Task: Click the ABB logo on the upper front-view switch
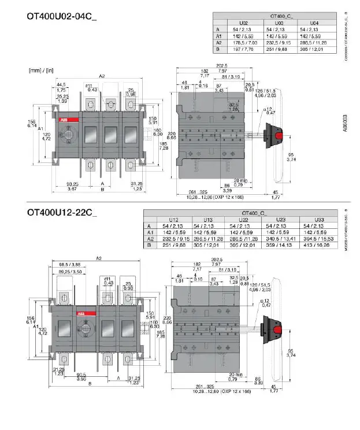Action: pos(62,120)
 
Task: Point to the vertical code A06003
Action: pos(346,124)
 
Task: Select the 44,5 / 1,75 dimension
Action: pos(61,87)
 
